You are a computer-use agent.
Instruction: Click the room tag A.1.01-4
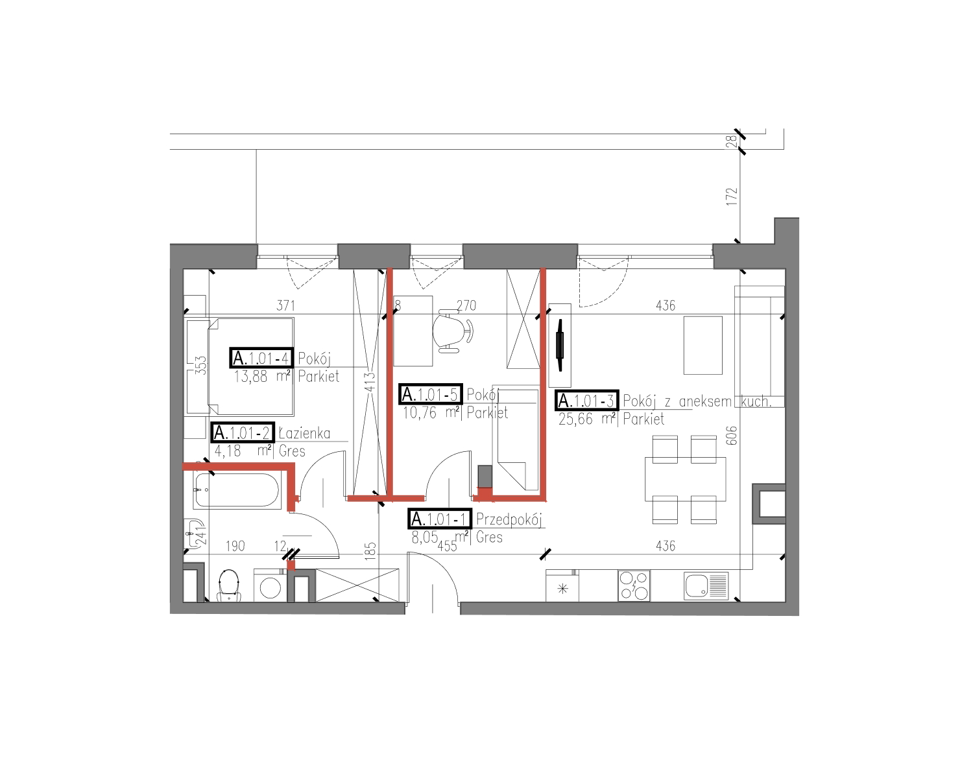coord(261,358)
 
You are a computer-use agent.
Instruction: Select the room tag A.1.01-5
coord(431,394)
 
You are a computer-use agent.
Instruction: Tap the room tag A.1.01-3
coord(587,401)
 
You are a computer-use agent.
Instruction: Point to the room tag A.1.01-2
coord(243,432)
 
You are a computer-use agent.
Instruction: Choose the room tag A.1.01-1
coord(440,519)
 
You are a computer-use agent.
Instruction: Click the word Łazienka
coord(305,433)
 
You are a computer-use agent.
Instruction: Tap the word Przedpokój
coord(509,520)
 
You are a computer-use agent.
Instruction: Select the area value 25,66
coord(575,419)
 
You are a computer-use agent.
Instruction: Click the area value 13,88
coord(250,377)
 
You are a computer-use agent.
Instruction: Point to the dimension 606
coord(732,435)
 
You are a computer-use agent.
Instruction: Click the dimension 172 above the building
coord(732,196)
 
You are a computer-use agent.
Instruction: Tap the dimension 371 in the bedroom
coord(286,305)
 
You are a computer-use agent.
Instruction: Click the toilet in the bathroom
coord(229,585)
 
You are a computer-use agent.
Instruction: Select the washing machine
coord(270,585)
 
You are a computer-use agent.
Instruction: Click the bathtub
coord(237,489)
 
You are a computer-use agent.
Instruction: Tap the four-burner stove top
coord(634,586)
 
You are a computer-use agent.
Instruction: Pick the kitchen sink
coord(706,586)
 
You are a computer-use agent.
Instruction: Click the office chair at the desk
coord(453,331)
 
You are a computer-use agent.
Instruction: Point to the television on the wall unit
coord(560,346)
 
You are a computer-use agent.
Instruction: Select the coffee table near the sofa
coord(703,346)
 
